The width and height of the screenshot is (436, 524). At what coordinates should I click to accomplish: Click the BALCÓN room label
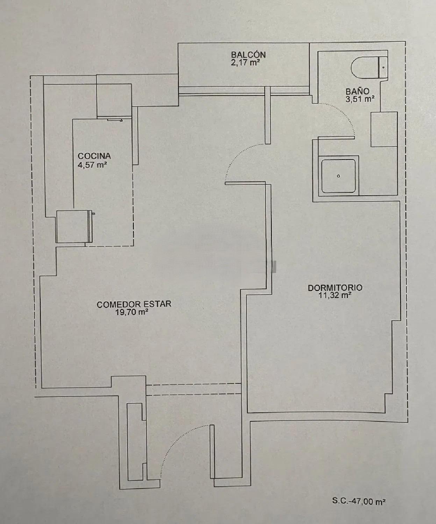(x=248, y=55)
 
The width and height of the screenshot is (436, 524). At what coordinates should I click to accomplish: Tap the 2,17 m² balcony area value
(x=245, y=62)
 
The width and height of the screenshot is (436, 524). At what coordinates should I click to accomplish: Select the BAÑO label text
(x=358, y=91)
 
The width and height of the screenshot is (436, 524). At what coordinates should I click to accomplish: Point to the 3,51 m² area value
(x=360, y=99)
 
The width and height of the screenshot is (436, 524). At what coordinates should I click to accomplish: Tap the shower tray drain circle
(x=339, y=176)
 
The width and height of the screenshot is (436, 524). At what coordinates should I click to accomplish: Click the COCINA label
(x=94, y=156)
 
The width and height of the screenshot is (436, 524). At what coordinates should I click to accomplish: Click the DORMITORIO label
(x=335, y=288)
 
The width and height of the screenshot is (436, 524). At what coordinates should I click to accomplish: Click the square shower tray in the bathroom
(x=339, y=176)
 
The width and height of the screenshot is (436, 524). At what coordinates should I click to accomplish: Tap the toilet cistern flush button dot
(x=383, y=67)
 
